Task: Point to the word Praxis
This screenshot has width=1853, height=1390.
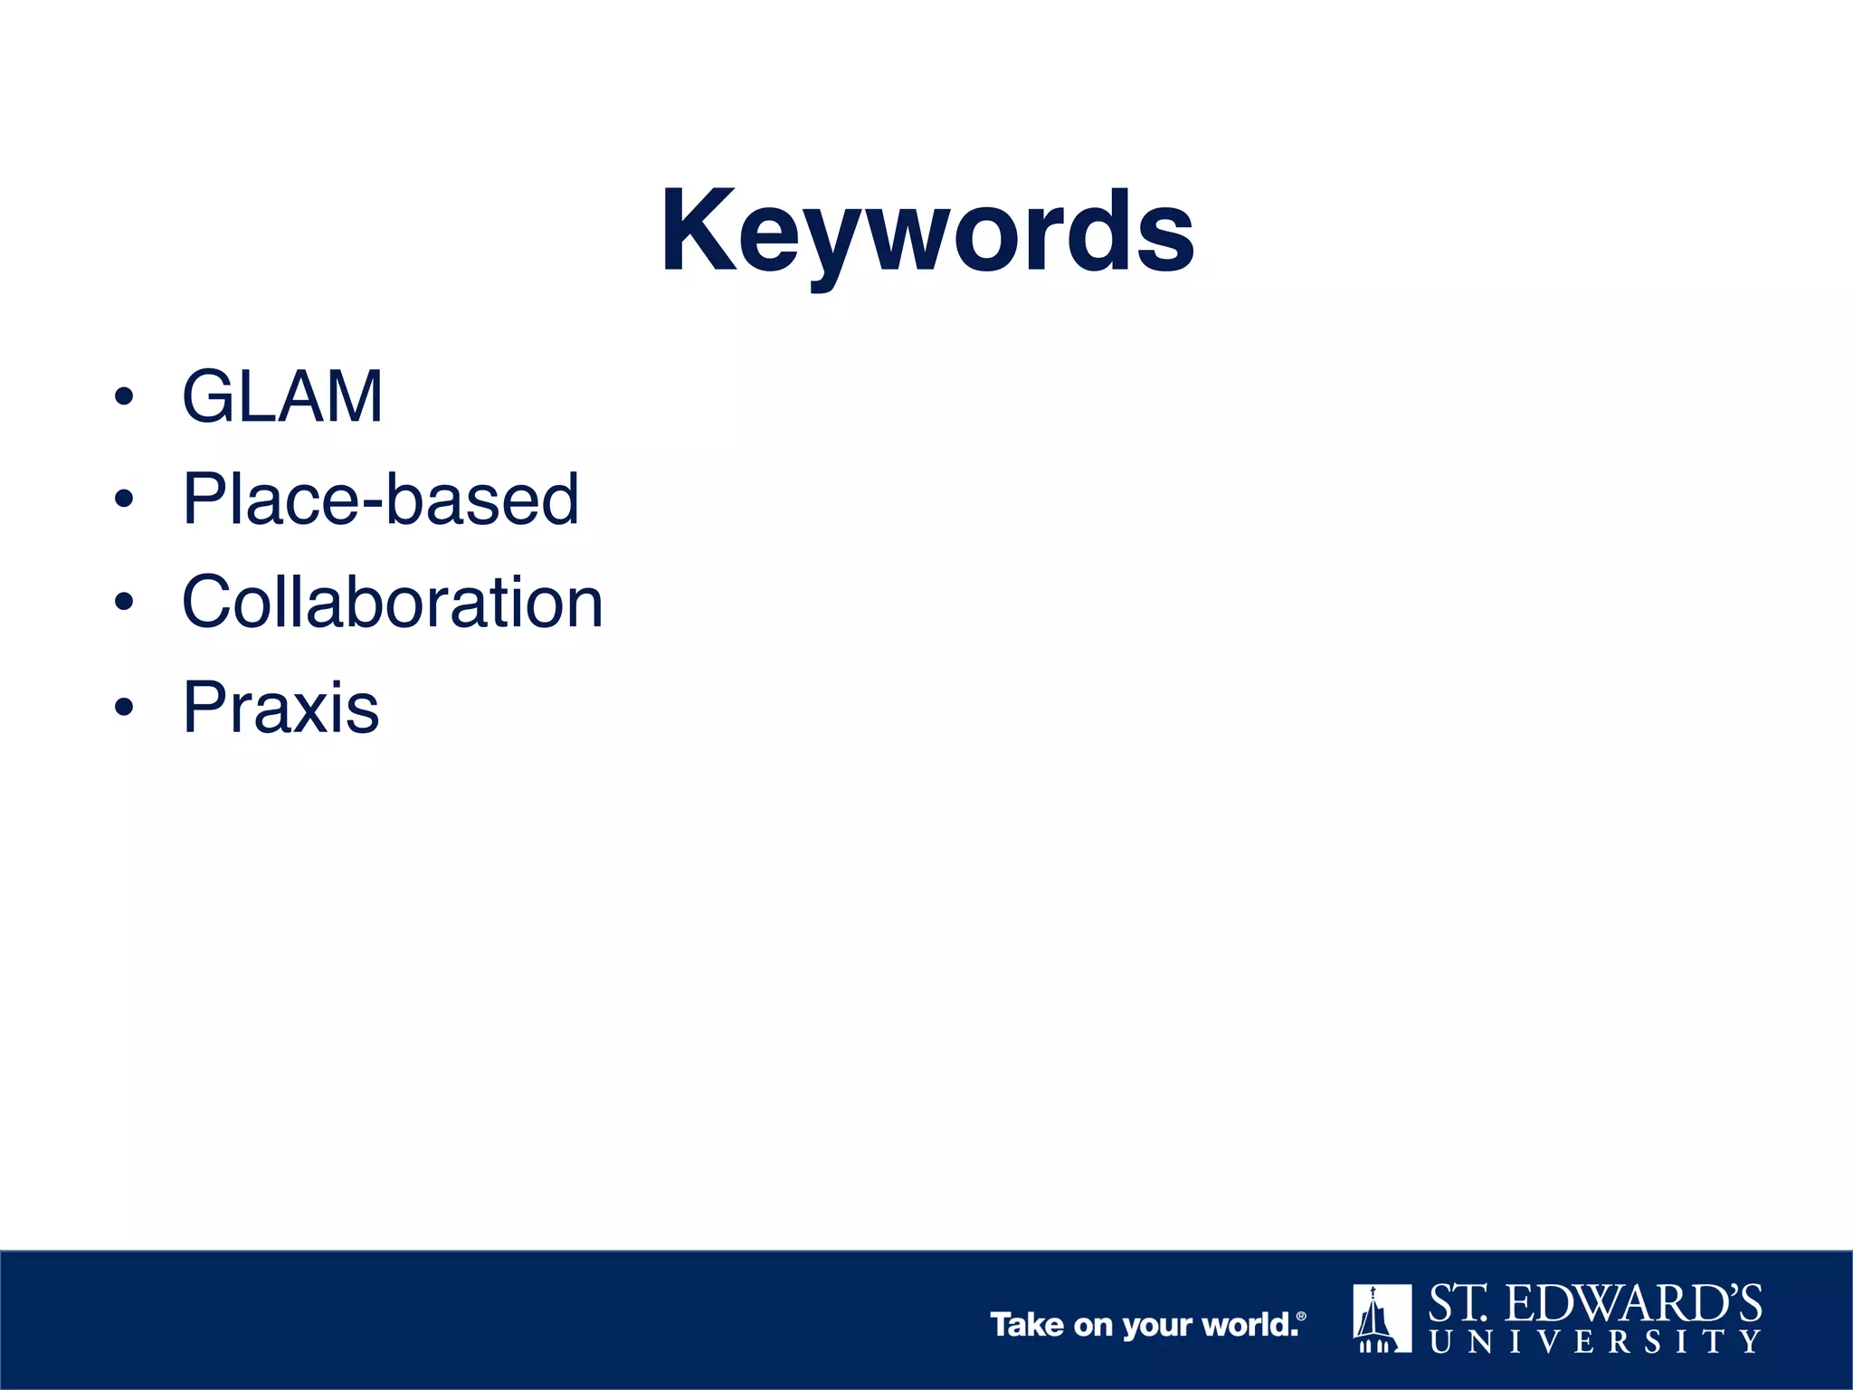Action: point(280,707)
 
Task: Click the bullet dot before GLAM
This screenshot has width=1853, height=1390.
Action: point(124,396)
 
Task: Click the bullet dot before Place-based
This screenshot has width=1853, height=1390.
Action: point(124,499)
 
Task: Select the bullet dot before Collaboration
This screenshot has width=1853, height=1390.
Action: point(124,602)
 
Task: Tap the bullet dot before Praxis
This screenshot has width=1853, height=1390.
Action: point(124,707)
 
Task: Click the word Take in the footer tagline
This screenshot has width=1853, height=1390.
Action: point(1027,1325)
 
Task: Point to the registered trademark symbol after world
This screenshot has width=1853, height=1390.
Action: point(1301,1317)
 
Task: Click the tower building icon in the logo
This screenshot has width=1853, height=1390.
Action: point(1382,1318)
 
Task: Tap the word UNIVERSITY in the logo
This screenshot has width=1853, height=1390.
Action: point(1595,1341)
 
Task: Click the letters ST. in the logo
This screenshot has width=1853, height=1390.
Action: point(1458,1304)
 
